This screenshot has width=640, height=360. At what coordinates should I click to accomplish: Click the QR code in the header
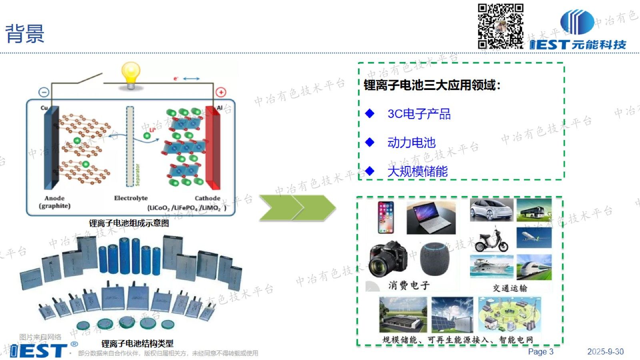[x=500, y=26]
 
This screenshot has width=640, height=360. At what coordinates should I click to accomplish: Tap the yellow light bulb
[x=131, y=74]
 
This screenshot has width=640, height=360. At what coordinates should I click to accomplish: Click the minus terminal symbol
[x=44, y=92]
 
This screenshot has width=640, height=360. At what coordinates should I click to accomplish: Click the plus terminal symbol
[x=221, y=92]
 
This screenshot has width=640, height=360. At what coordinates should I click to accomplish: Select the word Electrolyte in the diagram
[x=131, y=198]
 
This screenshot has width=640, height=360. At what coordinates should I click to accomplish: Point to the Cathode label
[x=207, y=198]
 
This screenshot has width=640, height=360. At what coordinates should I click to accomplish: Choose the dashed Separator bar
[x=130, y=146]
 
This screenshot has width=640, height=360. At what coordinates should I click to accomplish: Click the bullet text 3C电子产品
[x=419, y=114]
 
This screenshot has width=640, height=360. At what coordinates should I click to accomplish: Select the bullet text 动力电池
[x=411, y=143]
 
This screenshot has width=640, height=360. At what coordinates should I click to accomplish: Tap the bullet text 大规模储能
[x=417, y=172]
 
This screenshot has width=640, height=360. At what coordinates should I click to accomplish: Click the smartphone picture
[x=386, y=217]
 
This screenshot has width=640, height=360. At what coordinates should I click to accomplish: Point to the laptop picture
[x=431, y=218]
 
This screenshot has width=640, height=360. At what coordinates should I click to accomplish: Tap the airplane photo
[x=534, y=238]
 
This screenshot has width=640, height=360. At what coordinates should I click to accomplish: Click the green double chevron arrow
[x=297, y=208]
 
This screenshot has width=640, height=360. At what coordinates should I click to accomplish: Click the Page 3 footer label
[x=540, y=352]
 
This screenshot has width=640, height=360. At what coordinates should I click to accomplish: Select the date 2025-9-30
[x=605, y=352]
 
